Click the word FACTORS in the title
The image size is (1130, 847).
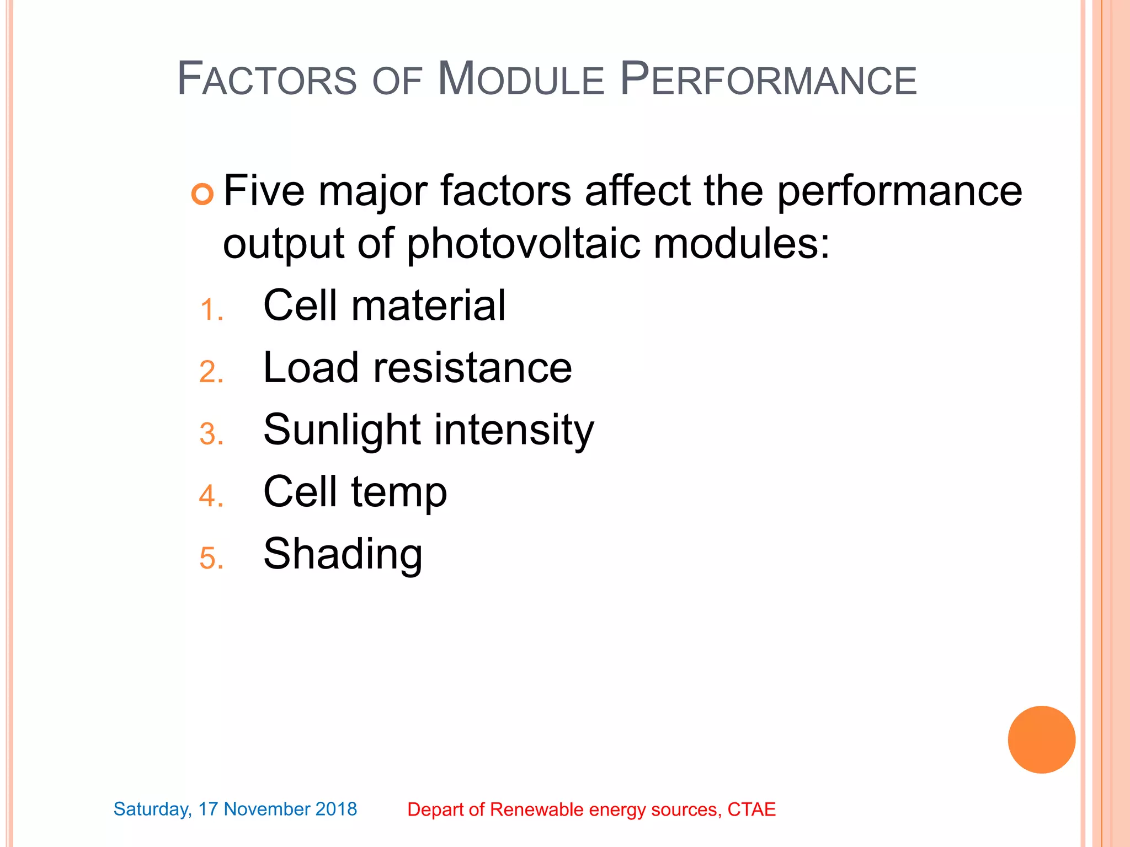pos(267,79)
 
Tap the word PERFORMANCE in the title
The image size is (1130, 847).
pos(768,79)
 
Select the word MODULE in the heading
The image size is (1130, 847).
pos(521,79)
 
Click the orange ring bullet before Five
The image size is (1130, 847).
pos(202,194)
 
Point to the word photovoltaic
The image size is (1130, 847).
pos(524,244)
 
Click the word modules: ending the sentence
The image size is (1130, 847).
pos(742,244)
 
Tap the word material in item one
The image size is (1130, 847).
pos(428,305)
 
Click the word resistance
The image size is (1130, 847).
pos(472,368)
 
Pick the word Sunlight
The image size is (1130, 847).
pos(342,431)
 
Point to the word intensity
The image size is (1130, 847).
pos(514,431)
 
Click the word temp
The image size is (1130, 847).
pos(399,492)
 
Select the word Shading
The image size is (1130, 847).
pos(343,555)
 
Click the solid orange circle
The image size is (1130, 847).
pos(1041,739)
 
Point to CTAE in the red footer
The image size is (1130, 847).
pos(751,810)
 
